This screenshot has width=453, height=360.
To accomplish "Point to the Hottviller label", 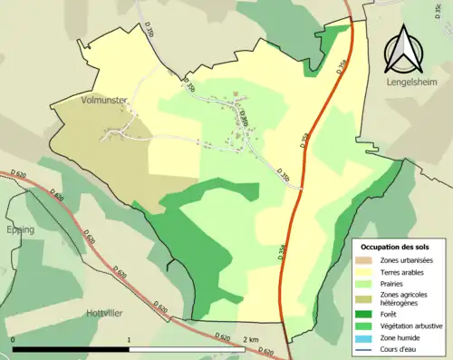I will (x=106, y=312).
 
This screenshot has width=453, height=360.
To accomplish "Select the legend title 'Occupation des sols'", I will (x=397, y=247).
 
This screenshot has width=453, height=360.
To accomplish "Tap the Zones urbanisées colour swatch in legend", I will (x=367, y=260).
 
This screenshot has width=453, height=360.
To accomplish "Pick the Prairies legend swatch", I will (x=367, y=283).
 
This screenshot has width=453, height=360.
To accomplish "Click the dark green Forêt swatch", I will (x=367, y=314).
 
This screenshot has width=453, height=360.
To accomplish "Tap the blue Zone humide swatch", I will (x=367, y=336).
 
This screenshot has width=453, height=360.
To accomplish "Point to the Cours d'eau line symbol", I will (x=367, y=348).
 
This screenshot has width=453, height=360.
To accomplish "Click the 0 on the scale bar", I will (x=13, y=339).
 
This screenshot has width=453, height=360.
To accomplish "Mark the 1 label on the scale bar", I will (x=130, y=339).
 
